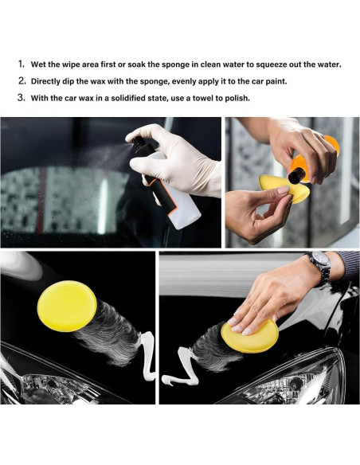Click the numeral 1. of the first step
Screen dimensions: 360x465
[21, 64]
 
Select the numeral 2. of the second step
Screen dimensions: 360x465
[22, 80]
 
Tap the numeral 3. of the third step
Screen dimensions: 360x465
[22, 98]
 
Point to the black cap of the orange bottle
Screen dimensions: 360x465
[297, 175]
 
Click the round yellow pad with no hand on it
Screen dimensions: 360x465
[67, 306]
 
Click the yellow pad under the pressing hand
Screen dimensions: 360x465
[250, 337]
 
